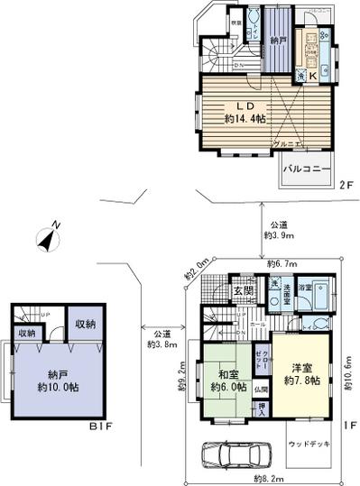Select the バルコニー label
tap(304, 169)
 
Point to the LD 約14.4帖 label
tap(244, 112)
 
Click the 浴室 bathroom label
tap(307, 288)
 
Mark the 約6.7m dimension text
tap(282, 262)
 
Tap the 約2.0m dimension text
tap(197, 264)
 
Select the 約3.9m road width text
tap(278, 229)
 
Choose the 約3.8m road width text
tap(162, 338)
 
